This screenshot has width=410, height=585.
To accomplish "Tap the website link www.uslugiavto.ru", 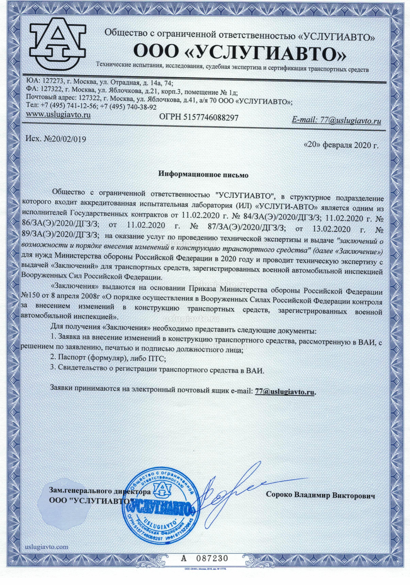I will click(59, 115).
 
